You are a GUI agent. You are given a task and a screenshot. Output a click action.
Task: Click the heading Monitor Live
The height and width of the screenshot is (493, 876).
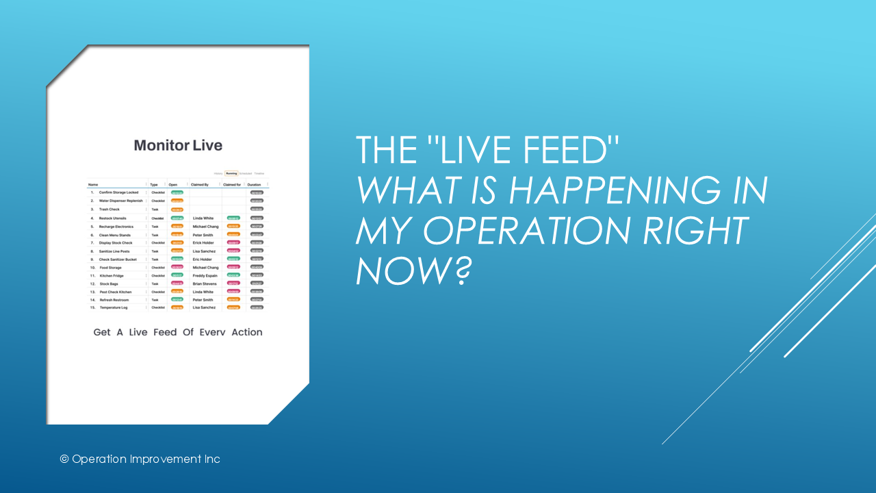178,145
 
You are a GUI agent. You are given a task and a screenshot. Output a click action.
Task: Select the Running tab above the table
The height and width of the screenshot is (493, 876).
231,173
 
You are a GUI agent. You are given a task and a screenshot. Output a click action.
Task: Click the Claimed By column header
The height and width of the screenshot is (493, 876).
200,185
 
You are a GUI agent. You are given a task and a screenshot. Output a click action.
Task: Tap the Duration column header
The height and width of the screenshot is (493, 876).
254,185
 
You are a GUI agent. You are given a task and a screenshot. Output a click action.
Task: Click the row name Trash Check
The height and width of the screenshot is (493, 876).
109,210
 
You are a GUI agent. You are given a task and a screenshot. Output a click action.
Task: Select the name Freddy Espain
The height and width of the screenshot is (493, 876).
206,275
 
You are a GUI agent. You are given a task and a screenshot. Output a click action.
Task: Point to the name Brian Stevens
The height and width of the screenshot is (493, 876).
205,283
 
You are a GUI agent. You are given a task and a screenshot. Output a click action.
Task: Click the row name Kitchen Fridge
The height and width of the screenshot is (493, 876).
112,275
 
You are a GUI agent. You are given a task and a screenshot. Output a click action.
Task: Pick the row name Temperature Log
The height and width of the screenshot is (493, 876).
114,307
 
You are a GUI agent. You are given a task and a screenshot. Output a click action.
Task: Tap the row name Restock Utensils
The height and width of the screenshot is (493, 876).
112,218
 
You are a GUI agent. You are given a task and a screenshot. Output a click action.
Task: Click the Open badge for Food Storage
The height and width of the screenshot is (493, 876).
177,267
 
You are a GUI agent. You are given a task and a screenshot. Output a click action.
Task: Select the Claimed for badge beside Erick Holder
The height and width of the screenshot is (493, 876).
233,242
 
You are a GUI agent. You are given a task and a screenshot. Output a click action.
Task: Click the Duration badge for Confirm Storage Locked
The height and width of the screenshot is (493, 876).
257,192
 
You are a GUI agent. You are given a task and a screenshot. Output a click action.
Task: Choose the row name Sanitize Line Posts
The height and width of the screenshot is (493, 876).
114,251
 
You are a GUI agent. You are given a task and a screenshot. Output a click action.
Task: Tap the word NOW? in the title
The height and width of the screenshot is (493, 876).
415,270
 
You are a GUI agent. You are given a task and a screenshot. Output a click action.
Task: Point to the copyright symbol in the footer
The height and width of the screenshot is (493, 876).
64,459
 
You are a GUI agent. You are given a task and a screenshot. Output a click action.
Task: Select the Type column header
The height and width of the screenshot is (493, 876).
154,185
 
